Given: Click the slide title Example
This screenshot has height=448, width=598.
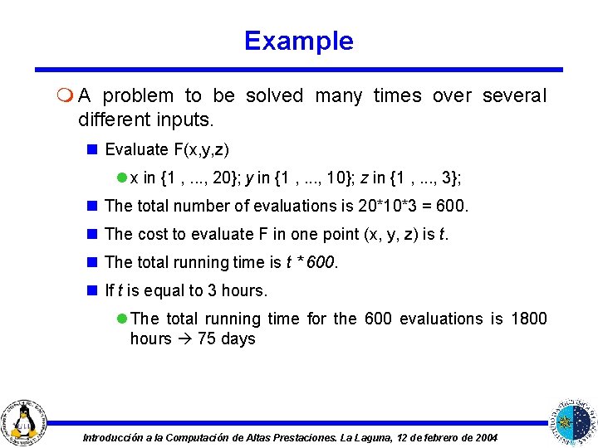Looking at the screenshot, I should coord(299,41).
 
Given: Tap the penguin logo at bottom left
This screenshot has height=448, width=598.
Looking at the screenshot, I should coord(25,419).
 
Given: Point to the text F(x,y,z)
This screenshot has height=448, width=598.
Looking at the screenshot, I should coord(201,150).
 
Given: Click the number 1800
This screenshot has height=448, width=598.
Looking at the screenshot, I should coord(529,319).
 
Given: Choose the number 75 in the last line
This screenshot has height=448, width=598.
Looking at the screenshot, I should coord(207,338).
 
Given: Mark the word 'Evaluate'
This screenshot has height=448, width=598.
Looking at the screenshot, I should coord(136,150).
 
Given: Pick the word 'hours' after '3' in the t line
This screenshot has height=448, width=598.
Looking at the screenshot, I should coord(239,290).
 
